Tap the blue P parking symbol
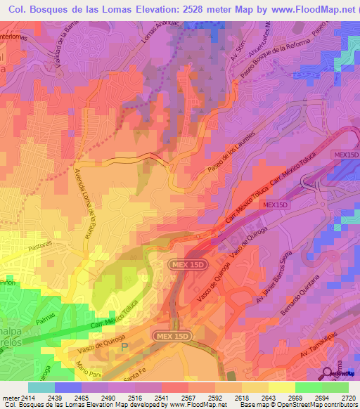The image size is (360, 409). pos(126,346)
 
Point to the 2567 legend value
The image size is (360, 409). pos(176,397)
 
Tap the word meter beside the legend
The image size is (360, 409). pos(10,397)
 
